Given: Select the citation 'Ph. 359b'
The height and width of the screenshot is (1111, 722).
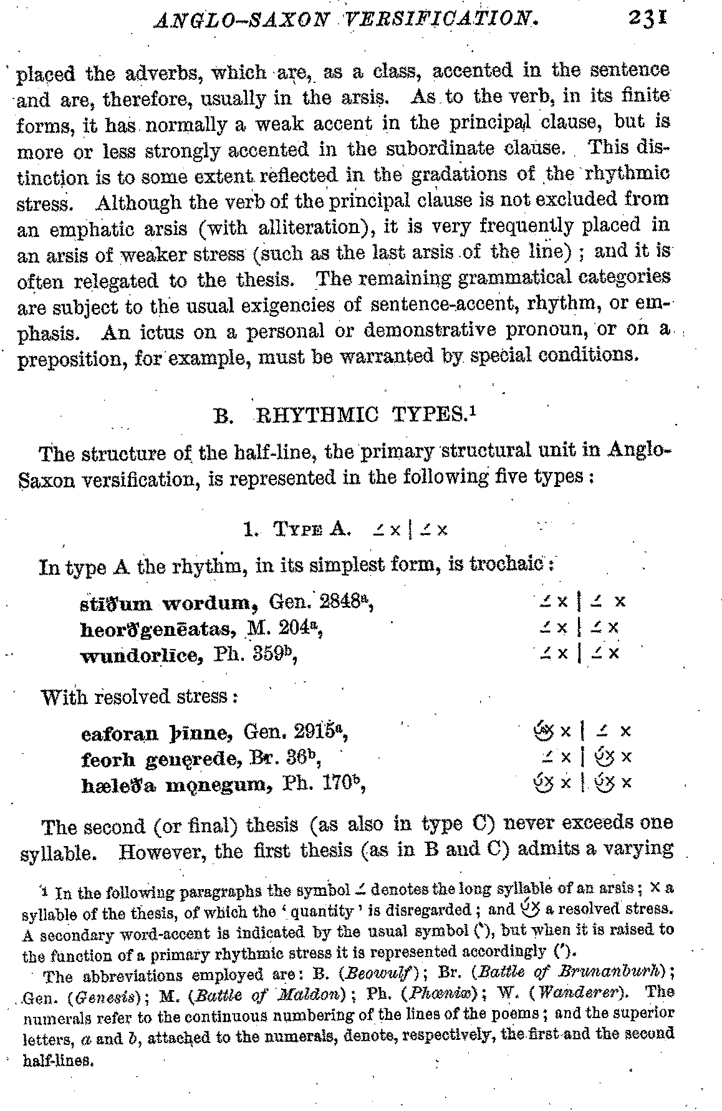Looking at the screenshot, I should coord(253,655).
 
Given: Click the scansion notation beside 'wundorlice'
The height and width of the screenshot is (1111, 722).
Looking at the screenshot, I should coord(580,653).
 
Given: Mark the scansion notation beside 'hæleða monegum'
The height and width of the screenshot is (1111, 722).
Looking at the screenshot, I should coord(580,783).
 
